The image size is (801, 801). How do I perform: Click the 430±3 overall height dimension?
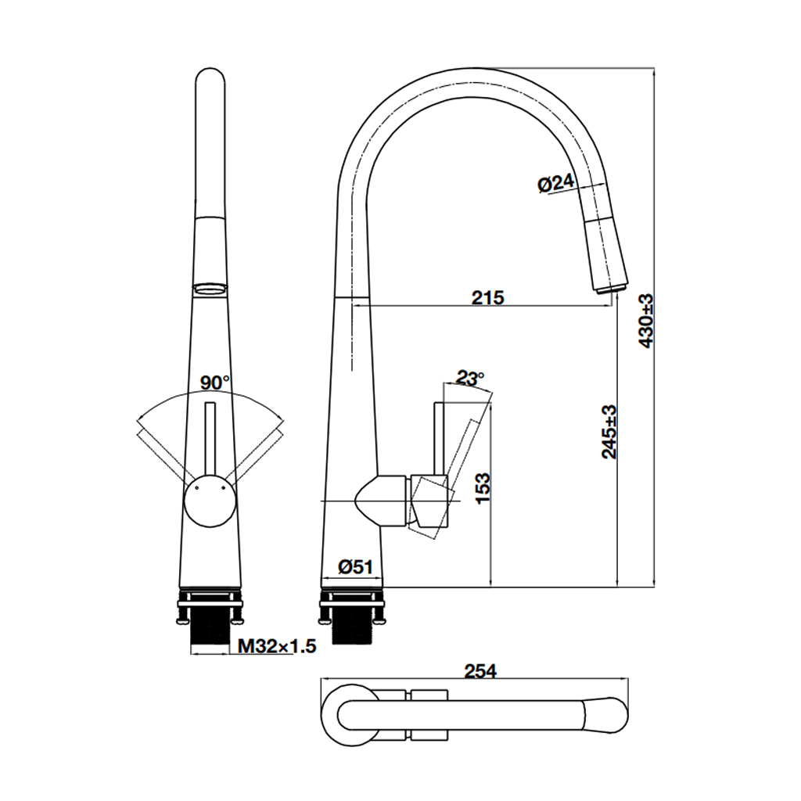click(x=646, y=321)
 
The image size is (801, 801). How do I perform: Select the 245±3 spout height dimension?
click(x=609, y=431)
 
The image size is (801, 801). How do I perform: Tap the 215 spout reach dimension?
click(x=488, y=297)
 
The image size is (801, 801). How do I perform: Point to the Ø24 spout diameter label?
click(x=555, y=184)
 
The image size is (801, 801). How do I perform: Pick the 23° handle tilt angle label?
click(x=469, y=379)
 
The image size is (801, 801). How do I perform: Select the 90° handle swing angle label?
click(x=214, y=383)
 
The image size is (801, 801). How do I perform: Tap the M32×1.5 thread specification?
click(x=277, y=646)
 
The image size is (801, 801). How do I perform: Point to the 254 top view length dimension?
click(x=480, y=671)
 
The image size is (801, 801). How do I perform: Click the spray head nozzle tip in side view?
click(x=611, y=288)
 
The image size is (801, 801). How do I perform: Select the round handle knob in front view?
click(x=209, y=501)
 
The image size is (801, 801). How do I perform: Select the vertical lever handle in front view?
click(x=209, y=438)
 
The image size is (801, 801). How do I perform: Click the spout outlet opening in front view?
click(x=209, y=288)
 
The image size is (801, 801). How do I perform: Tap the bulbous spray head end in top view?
click(x=607, y=714)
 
